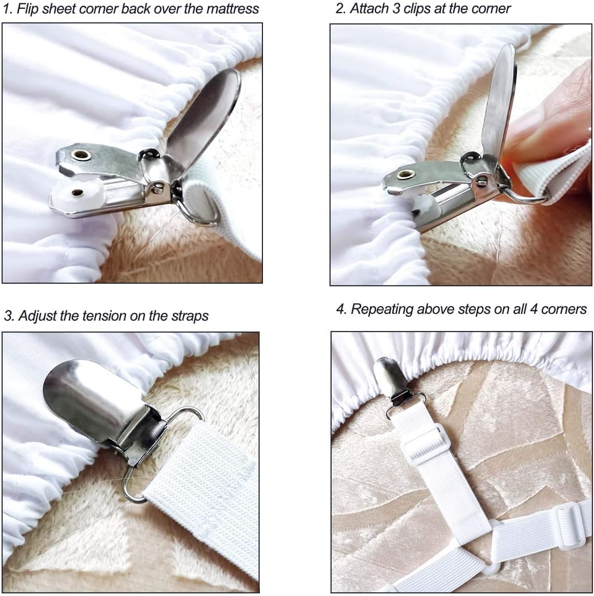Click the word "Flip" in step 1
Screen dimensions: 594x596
pyautogui.click(x=28, y=9)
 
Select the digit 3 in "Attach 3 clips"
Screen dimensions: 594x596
pyautogui.click(x=397, y=8)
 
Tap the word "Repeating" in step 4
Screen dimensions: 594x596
pyautogui.click(x=381, y=309)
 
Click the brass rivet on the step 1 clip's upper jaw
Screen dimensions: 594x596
pyautogui.click(x=81, y=155)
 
